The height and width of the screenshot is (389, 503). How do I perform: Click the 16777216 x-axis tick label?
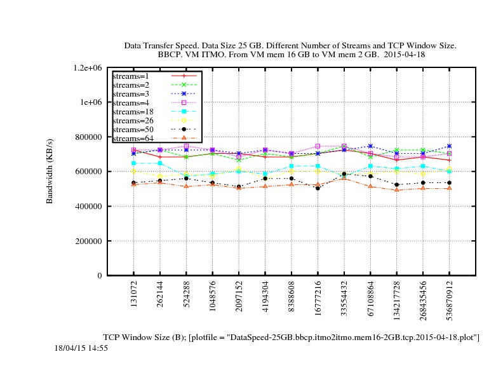(318, 299)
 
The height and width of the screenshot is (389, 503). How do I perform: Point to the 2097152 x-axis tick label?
(239, 298)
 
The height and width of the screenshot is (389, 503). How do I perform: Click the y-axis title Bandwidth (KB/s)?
(50, 172)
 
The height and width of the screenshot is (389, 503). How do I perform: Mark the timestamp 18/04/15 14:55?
(81, 348)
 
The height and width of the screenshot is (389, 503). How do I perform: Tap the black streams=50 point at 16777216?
(318, 188)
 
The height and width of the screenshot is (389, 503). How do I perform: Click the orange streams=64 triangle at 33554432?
(344, 177)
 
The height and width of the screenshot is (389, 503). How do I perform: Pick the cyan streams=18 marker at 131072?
(133, 163)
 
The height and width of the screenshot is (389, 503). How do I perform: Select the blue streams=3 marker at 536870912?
(449, 146)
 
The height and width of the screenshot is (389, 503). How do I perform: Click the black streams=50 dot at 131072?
(133, 183)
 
